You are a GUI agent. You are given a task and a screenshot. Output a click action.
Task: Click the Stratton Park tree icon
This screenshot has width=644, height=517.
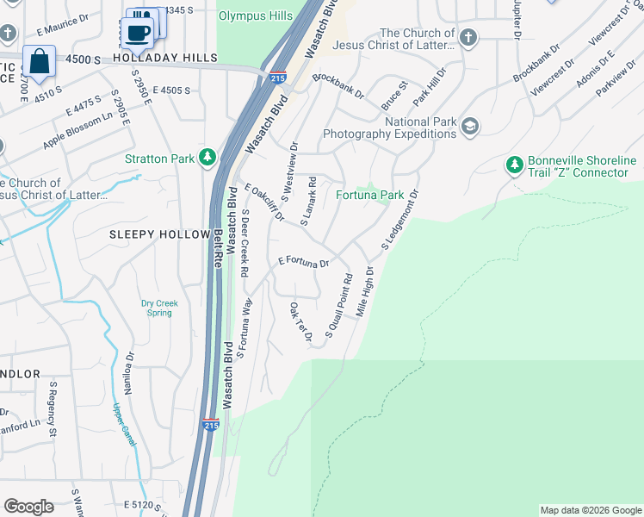point(207,157)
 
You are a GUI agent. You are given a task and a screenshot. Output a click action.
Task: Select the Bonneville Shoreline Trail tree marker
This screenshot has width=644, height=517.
point(515,165)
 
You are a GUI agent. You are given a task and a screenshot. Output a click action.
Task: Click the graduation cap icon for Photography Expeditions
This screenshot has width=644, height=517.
point(469,127)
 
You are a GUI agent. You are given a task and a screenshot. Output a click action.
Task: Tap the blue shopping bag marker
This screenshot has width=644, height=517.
point(39,61)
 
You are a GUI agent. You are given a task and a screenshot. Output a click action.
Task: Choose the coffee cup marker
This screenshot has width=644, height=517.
point(137,33)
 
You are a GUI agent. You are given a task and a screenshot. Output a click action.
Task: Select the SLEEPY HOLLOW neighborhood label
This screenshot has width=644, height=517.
point(159,234)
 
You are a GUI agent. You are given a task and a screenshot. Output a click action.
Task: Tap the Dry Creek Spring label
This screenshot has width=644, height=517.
point(157,308)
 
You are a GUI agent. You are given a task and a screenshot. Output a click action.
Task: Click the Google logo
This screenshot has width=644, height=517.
point(28,507)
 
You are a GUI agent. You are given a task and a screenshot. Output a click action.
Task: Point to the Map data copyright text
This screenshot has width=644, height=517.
point(591,510)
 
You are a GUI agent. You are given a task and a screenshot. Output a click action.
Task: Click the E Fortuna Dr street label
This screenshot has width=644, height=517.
point(304,261)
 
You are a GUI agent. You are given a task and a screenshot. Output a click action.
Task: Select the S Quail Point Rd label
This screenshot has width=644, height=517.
point(339,306)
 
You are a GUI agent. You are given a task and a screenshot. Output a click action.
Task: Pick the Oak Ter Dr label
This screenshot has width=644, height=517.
point(300,321)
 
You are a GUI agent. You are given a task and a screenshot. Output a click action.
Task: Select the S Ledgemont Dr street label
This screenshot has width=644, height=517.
point(400,221)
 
